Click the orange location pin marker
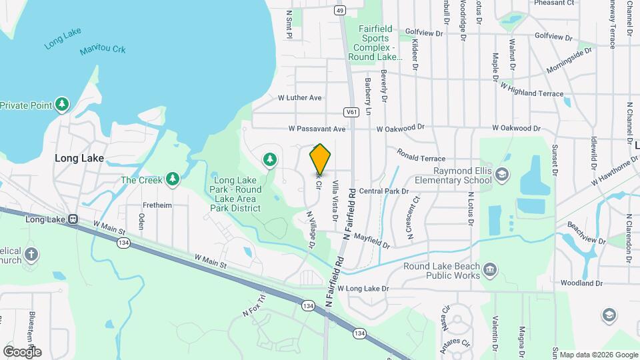click(321, 159)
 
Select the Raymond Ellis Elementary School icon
click(502, 175)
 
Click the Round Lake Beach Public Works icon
click(490, 269)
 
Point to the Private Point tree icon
click(62, 104)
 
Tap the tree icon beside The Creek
click(173, 179)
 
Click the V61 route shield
click(351, 111)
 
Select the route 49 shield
click(340, 11)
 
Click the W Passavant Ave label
click(317, 128)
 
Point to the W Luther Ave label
click(299, 97)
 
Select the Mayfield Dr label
click(371, 237)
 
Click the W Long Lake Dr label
click(363, 289)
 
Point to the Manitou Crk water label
click(103, 50)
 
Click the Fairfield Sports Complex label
click(378, 43)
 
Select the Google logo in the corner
click(22, 351)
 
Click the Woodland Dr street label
click(581, 283)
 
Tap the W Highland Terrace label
click(531, 90)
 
